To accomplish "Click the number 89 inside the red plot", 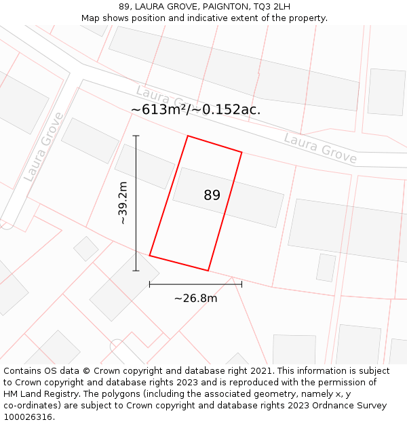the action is (212, 195).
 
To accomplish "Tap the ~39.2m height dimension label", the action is (123, 202).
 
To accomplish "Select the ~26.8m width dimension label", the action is (195, 298).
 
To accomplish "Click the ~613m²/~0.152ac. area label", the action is (195, 110).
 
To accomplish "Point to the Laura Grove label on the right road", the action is (320, 148).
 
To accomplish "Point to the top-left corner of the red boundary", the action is (188, 136).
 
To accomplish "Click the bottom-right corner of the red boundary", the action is (208, 271).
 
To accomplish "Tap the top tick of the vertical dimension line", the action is (136, 136).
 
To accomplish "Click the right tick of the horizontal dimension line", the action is (241, 284).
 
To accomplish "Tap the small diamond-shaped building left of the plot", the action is (86, 248).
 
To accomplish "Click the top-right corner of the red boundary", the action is (241, 152).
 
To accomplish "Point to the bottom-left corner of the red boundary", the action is (150, 256).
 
